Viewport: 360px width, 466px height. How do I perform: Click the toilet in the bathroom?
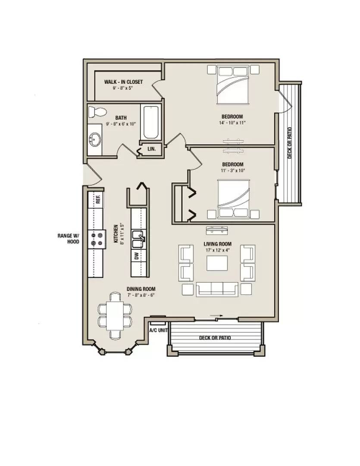[x=97, y=112]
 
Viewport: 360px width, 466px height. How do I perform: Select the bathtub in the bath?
[x=150, y=122]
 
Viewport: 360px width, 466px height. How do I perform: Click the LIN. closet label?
[x=151, y=149]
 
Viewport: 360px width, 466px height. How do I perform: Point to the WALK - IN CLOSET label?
[x=123, y=82]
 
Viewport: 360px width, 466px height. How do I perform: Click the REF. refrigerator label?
[x=99, y=199]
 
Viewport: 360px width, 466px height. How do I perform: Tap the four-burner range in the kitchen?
[x=97, y=239]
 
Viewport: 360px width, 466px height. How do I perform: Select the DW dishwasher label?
[x=136, y=256]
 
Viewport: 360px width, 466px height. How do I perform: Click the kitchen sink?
[x=139, y=239]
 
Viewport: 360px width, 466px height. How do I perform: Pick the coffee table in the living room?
[x=217, y=263]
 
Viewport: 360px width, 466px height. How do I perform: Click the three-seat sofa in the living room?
[x=217, y=289]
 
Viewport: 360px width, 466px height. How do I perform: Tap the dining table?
[x=115, y=315]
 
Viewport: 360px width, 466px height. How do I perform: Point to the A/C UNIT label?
[x=158, y=330]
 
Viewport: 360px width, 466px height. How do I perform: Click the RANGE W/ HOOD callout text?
[x=69, y=239]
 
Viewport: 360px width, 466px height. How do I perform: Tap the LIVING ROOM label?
[x=218, y=244]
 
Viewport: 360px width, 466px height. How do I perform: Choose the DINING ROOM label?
[x=141, y=289]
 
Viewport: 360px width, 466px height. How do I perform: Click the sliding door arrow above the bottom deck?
[x=216, y=316]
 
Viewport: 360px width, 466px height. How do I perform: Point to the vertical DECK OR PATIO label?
[x=290, y=143]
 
